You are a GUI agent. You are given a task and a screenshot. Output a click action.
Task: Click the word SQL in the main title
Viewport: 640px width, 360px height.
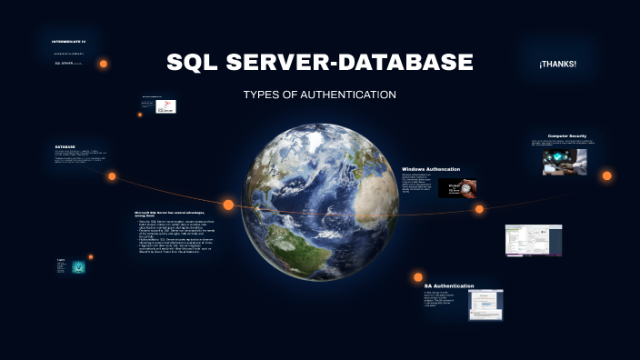(195, 63)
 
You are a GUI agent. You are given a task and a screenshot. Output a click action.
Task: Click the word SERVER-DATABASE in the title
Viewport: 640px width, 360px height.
(350, 63)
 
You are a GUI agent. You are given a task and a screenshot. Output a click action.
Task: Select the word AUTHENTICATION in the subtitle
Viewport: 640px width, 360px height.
(351, 95)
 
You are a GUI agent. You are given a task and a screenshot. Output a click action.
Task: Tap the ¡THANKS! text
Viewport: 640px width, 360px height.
(557, 64)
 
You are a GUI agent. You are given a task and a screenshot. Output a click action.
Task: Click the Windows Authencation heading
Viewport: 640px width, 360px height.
(431, 169)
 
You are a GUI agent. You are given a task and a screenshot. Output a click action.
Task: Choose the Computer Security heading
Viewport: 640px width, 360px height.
(567, 135)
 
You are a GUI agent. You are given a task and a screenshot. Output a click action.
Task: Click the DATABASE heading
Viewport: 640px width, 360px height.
(65, 146)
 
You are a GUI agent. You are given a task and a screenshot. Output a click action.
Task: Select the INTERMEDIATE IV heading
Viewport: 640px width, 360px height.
(68, 42)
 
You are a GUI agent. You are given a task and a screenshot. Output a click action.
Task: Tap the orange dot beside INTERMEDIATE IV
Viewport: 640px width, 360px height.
(104, 64)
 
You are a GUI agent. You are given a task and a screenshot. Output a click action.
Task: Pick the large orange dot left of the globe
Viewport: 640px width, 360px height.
(228, 205)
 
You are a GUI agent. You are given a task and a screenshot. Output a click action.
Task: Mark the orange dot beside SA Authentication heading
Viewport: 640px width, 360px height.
(418, 276)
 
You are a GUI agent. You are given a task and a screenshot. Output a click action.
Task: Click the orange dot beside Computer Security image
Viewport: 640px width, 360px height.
(606, 175)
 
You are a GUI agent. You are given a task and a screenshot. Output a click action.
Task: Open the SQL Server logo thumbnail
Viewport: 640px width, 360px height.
(166, 107)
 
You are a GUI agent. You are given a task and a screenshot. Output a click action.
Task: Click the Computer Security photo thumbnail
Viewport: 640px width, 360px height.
(565, 162)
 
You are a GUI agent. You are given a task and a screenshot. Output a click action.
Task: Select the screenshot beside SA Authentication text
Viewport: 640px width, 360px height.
(485, 305)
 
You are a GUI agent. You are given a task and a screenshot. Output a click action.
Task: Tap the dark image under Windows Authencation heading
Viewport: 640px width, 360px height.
(457, 188)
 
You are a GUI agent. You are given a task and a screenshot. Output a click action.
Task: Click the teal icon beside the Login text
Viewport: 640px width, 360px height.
(79, 266)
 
